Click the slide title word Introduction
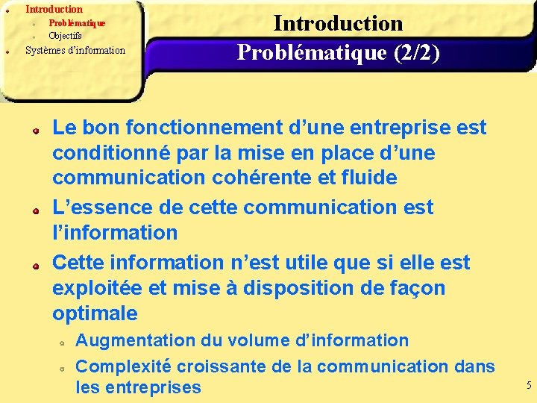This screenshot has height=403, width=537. [x=338, y=23]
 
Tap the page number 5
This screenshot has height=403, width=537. [x=529, y=386]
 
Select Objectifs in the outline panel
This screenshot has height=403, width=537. [x=65, y=35]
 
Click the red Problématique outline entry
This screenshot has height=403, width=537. [x=77, y=22]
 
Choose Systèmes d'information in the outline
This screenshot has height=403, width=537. [x=75, y=51]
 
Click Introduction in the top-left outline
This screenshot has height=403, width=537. [x=54, y=10]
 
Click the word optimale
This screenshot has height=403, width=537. [x=95, y=313]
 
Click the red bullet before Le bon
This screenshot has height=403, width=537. [x=35, y=129]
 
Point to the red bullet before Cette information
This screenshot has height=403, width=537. [x=35, y=264]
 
